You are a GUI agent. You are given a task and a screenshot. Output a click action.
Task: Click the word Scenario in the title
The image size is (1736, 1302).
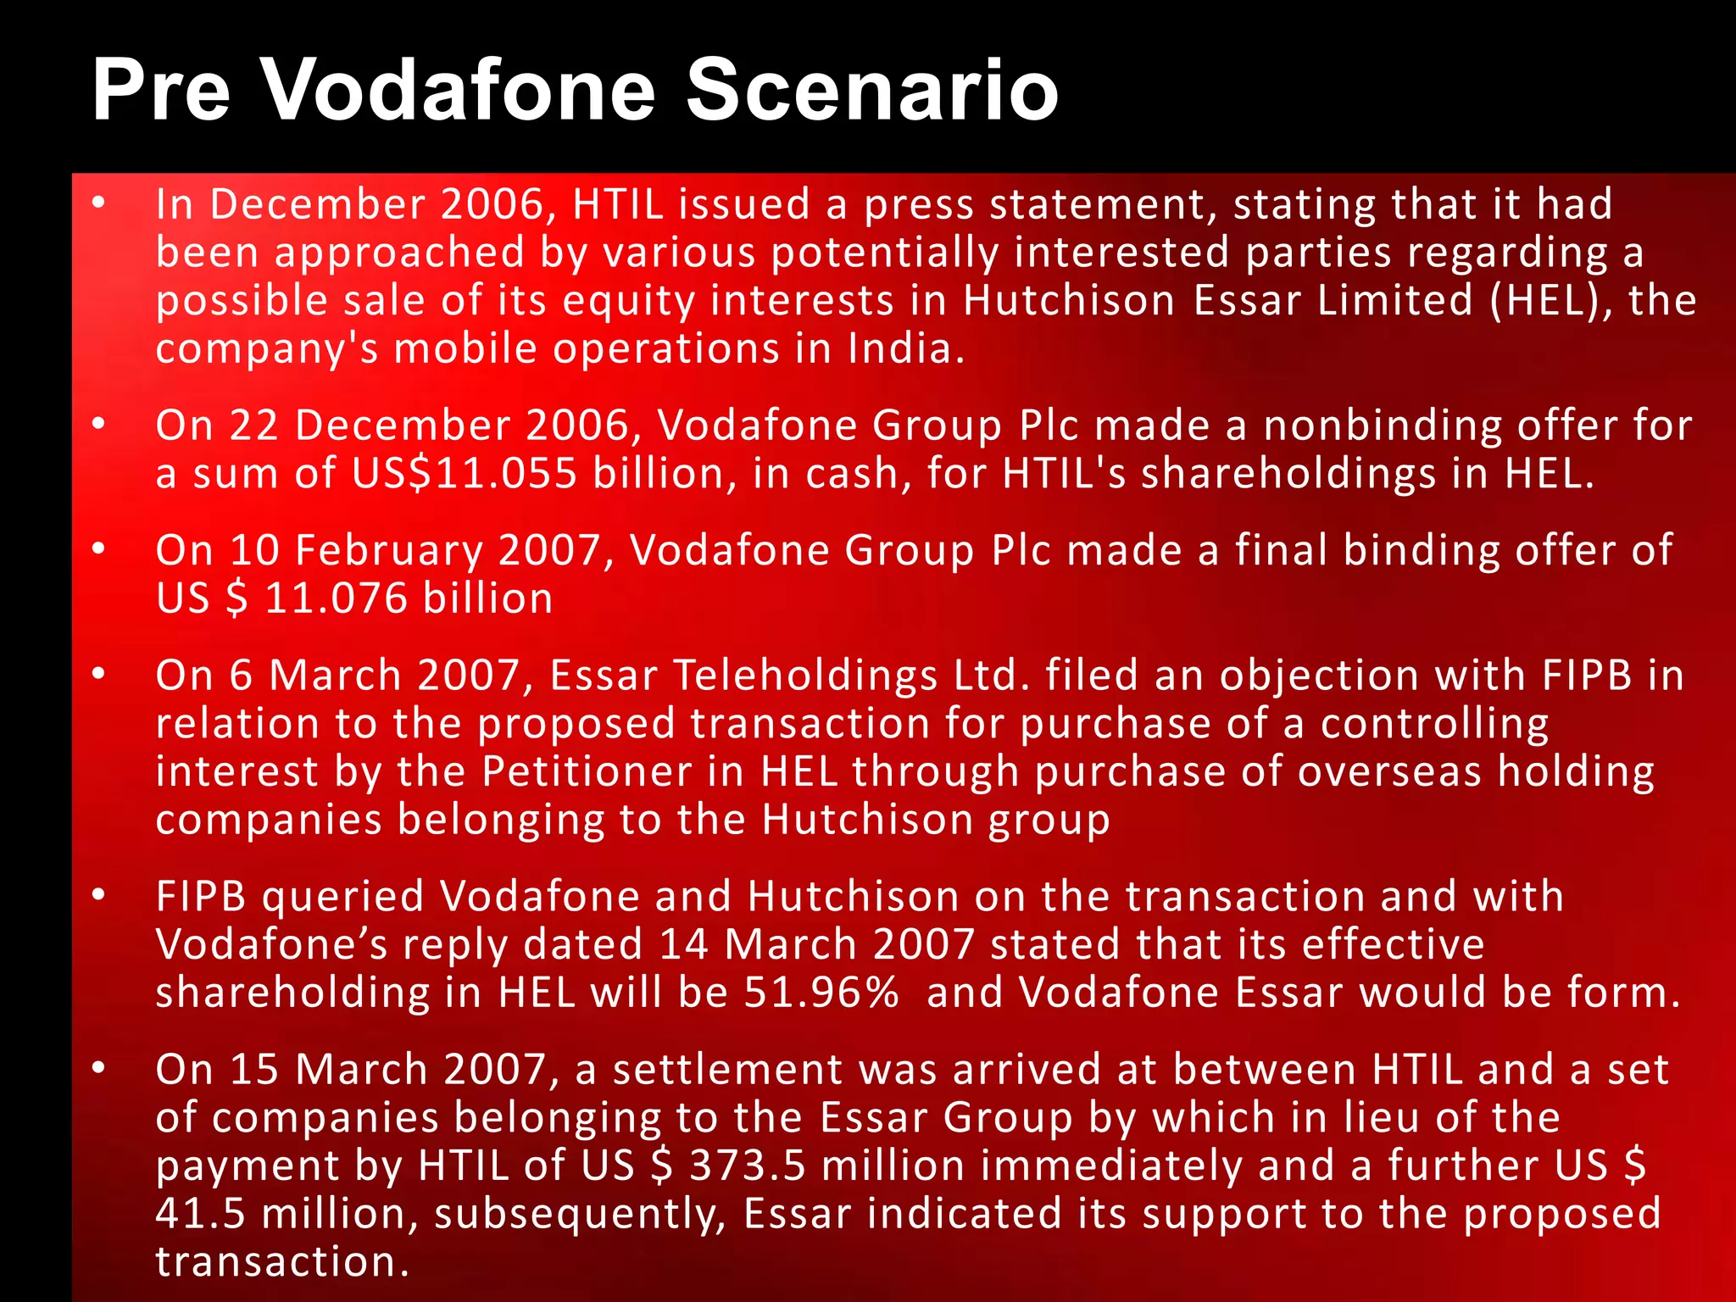coord(872,90)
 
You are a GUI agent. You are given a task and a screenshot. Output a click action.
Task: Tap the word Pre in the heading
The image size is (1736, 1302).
coord(161,90)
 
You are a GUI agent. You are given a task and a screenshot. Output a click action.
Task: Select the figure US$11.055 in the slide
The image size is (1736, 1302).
coord(465,473)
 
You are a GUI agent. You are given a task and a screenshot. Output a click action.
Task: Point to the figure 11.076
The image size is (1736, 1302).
coord(336,598)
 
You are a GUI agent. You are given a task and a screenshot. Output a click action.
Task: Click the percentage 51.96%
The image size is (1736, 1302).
coord(821,993)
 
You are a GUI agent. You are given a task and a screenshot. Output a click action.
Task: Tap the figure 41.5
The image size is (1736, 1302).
coord(200,1214)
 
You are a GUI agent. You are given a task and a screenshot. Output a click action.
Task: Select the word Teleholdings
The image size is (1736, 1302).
coord(805,676)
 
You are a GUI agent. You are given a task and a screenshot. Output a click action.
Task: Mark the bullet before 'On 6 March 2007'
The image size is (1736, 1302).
coord(99,675)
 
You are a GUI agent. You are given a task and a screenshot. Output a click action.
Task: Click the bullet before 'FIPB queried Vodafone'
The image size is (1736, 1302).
coord(99,896)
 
